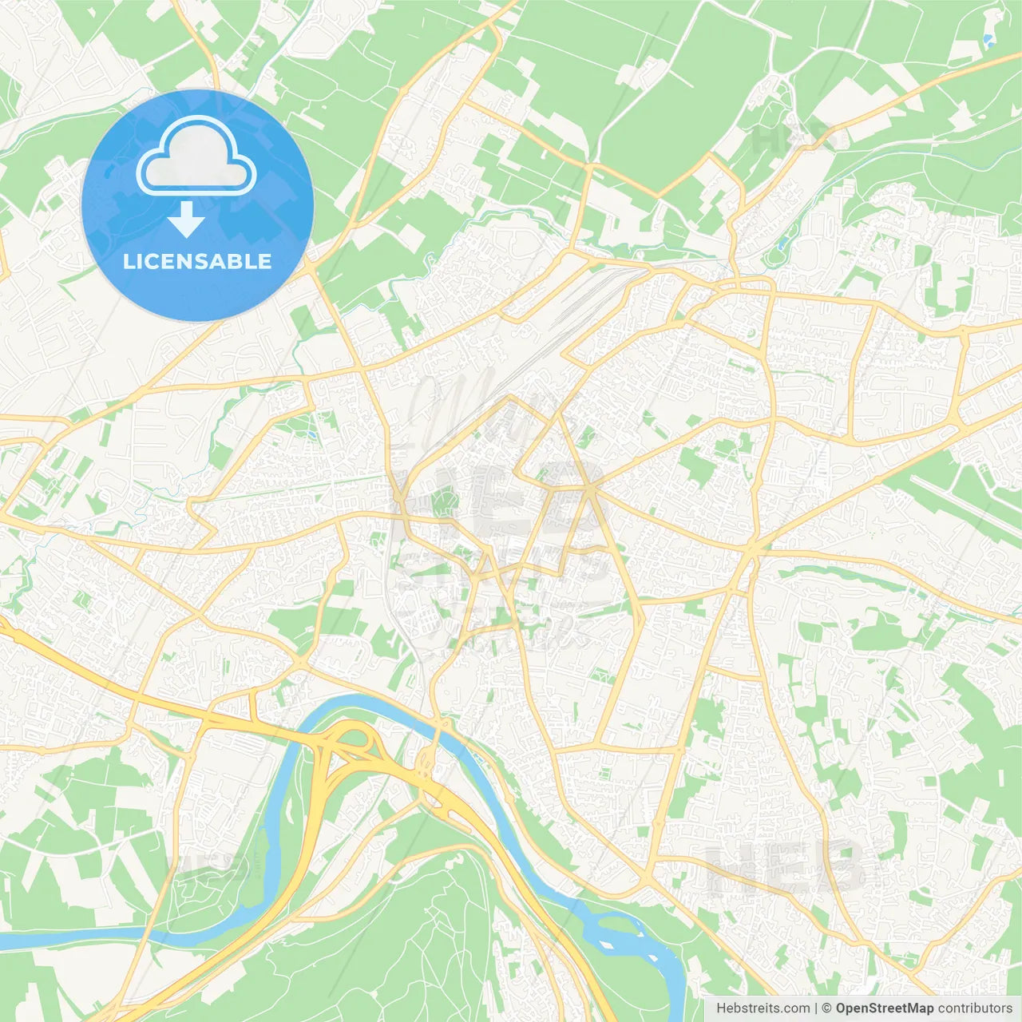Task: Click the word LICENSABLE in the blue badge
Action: [197, 262]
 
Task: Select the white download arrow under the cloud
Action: [186, 220]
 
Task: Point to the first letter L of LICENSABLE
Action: [128, 262]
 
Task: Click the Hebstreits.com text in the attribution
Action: [763, 1008]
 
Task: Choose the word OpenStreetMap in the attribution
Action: [885, 1008]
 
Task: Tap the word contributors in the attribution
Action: [975, 1008]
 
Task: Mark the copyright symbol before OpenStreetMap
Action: [826, 1008]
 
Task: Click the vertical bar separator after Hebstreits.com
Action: [816, 1008]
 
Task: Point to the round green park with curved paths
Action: [442, 502]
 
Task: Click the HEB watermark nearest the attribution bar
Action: [786, 866]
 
